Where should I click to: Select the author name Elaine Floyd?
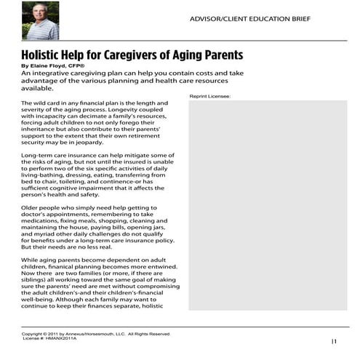tap(55, 65)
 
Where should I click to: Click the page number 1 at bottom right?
tap(335, 341)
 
